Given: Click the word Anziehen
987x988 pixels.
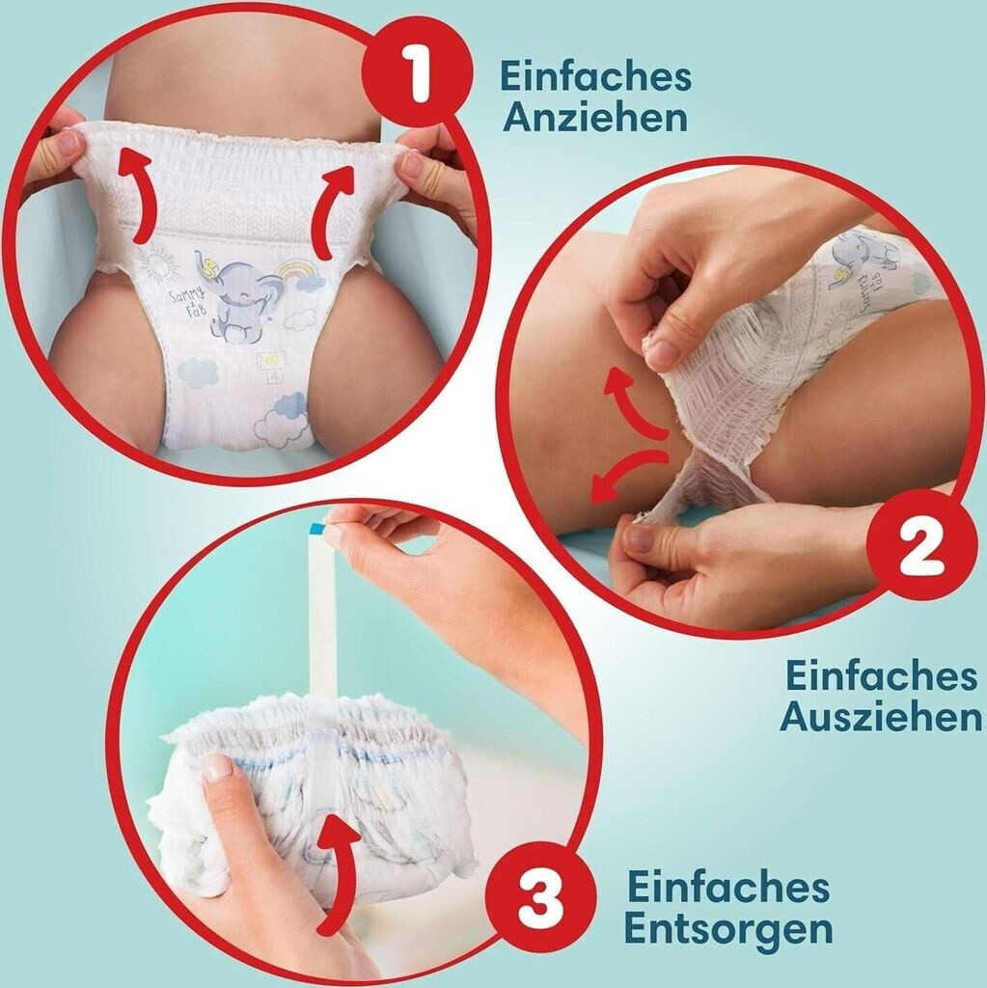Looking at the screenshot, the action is click(x=595, y=118).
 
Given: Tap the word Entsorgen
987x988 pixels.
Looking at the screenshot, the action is click(x=728, y=928).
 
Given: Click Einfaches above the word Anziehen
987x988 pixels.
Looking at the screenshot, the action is click(x=595, y=75).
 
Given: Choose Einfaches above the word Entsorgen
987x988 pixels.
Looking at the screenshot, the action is click(x=728, y=886).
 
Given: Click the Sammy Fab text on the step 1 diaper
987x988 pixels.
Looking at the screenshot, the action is click(x=188, y=301).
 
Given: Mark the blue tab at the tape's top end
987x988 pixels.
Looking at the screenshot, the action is click(x=316, y=529).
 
